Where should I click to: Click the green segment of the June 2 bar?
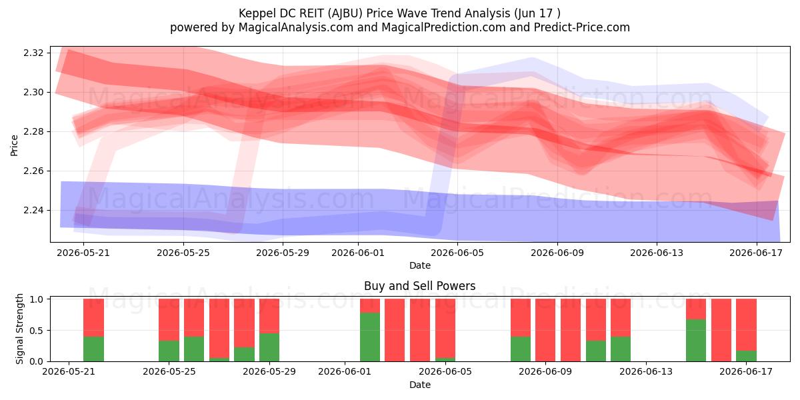click(x=370, y=337)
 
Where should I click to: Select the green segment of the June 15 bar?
click(x=696, y=341)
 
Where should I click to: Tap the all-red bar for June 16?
click(x=721, y=330)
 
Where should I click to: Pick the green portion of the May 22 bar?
click(x=93, y=349)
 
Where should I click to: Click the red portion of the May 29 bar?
click(x=269, y=316)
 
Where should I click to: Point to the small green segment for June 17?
click(x=746, y=356)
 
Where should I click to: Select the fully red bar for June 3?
click(x=395, y=330)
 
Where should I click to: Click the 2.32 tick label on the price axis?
click(x=33, y=53)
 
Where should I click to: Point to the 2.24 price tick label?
click(x=33, y=211)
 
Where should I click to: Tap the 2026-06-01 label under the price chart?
click(x=358, y=253)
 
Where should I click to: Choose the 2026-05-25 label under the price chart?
click(x=183, y=253)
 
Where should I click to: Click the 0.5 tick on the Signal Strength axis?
click(x=36, y=331)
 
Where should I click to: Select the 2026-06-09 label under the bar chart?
click(x=545, y=372)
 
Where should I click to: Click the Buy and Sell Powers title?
click(x=419, y=286)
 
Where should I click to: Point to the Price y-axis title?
click(x=14, y=145)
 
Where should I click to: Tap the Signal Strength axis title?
click(x=19, y=329)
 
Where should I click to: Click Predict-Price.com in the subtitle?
click(x=582, y=27)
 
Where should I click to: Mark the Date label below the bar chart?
click(x=419, y=385)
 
